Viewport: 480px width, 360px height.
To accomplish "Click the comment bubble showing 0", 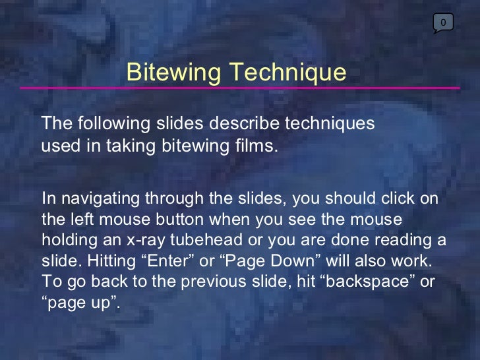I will (443, 23).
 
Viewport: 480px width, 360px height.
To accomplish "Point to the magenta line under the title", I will (240, 88).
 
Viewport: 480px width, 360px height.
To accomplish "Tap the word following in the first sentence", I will (105, 123).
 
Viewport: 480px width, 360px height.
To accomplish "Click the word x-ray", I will (136, 238).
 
